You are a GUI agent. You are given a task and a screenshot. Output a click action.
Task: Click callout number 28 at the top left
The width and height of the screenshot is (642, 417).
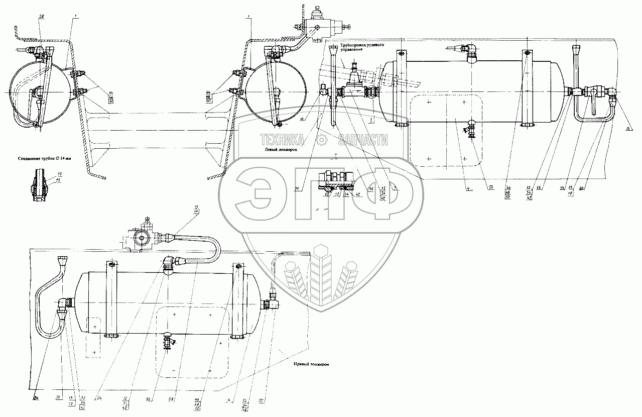(x=41, y=17)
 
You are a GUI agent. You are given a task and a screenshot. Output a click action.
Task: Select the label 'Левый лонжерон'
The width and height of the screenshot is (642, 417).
(x=278, y=149)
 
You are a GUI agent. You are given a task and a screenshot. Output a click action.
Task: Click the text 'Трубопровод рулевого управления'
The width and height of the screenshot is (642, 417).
(x=363, y=47)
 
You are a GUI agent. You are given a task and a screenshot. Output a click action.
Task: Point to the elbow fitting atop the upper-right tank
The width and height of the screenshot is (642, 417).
(x=470, y=52)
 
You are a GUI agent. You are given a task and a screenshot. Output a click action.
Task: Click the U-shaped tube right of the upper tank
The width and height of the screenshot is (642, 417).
(x=593, y=113)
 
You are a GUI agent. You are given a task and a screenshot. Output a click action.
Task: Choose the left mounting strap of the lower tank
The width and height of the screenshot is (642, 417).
(x=111, y=300)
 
